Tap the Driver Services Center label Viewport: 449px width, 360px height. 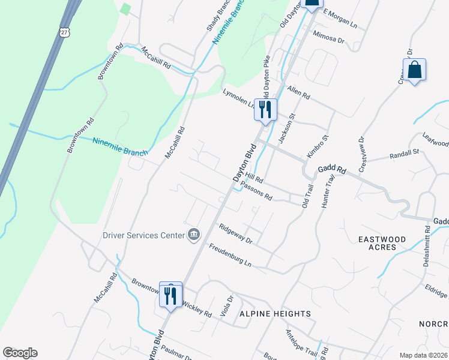143,235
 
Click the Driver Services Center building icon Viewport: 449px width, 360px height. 194,234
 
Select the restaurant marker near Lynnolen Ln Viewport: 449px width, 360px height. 265,110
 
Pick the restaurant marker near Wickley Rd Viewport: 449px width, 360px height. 170,295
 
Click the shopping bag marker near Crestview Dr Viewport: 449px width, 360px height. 414,70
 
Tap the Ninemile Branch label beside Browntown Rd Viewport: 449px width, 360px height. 120,146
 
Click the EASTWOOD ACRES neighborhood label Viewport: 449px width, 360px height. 382,243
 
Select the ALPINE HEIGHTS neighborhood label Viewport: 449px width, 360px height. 275,314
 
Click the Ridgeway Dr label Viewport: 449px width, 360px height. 235,233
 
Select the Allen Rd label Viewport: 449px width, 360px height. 298,92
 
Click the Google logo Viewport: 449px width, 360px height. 20,353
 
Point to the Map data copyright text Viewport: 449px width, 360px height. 423,355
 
